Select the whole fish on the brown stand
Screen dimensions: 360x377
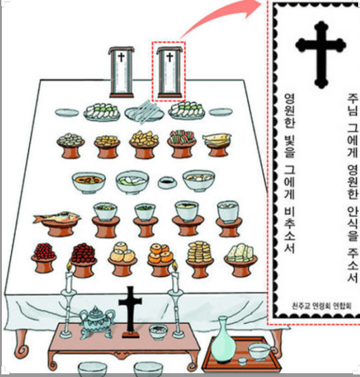[x=57, y=217]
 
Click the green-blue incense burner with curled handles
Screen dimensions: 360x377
[x=96, y=322]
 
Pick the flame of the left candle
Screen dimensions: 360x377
[x=69, y=266]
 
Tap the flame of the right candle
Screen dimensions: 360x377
[x=175, y=266]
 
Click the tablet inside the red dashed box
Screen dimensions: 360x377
[x=170, y=72]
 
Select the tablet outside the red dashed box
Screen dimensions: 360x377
[x=121, y=72]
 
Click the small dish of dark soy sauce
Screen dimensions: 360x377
[x=167, y=182]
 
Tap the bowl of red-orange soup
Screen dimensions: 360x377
[x=89, y=182]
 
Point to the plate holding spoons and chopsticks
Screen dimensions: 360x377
[x=144, y=113]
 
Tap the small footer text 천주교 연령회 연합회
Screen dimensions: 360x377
[x=322, y=306]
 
